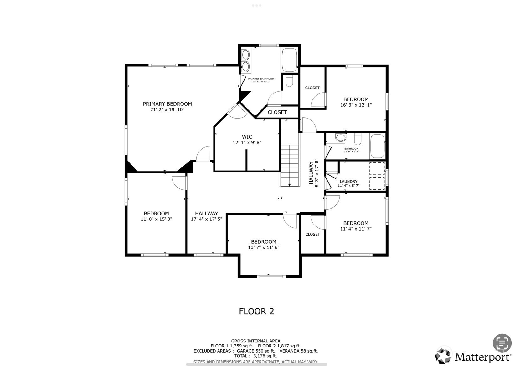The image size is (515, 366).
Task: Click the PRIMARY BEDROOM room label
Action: click(167, 104)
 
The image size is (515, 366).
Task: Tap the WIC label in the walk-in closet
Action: click(247, 137)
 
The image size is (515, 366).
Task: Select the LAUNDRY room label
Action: click(348, 182)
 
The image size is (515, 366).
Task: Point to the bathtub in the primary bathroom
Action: click(290, 60)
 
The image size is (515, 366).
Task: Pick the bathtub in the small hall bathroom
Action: click(377, 146)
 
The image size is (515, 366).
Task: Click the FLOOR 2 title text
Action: click(257, 311)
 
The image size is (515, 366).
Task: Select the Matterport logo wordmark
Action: click(482, 357)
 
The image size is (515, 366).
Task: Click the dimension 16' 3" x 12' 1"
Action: click(356, 105)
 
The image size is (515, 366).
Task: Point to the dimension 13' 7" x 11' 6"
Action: click(264, 247)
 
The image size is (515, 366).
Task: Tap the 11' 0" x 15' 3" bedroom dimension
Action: click(156, 219)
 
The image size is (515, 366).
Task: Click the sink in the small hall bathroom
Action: click(341, 137)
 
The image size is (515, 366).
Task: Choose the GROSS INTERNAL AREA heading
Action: click(256, 341)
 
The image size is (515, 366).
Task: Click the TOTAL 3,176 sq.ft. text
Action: click(256, 356)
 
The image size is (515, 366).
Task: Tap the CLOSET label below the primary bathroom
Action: click(277, 112)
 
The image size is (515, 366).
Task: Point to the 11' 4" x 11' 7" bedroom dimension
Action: click(356, 229)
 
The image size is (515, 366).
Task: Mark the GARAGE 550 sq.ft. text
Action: click(256, 351)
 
